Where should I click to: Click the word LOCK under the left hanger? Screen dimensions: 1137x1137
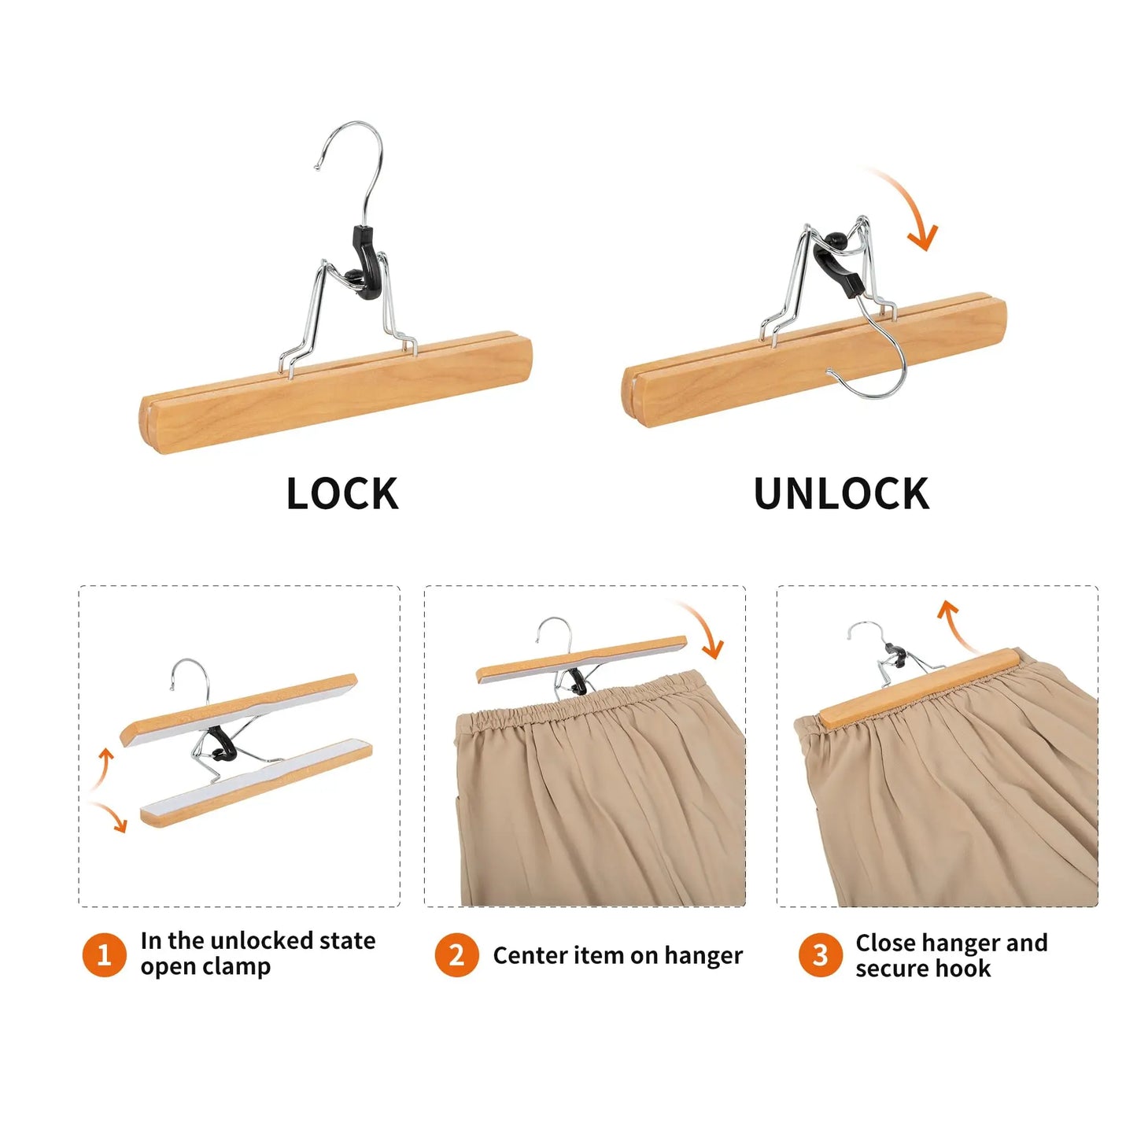click(342, 494)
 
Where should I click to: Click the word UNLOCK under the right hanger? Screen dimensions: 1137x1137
click(841, 494)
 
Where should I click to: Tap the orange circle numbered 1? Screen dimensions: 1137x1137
click(104, 954)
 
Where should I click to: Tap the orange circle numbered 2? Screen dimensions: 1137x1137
click(456, 954)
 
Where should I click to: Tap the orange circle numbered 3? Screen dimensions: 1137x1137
click(820, 954)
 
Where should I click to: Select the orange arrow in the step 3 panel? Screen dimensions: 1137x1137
click(957, 626)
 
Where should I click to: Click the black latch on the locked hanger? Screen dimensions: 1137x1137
click(367, 260)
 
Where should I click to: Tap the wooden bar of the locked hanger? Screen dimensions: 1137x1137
click(338, 393)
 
